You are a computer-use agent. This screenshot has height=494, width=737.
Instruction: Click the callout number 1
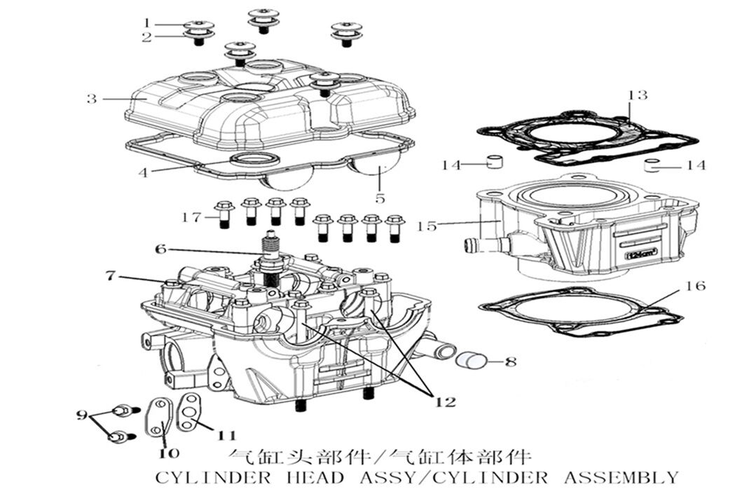tap(147, 23)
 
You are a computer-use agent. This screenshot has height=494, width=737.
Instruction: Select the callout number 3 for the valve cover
tap(92, 99)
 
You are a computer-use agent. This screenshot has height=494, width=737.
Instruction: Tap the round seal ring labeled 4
tap(250, 160)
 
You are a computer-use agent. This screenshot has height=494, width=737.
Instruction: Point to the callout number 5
tap(380, 198)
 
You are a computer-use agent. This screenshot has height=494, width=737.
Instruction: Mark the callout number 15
tap(427, 226)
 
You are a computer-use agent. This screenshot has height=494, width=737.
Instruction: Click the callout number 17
tap(191, 217)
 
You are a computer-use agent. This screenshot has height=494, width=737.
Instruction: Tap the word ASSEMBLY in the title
tap(621, 478)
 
